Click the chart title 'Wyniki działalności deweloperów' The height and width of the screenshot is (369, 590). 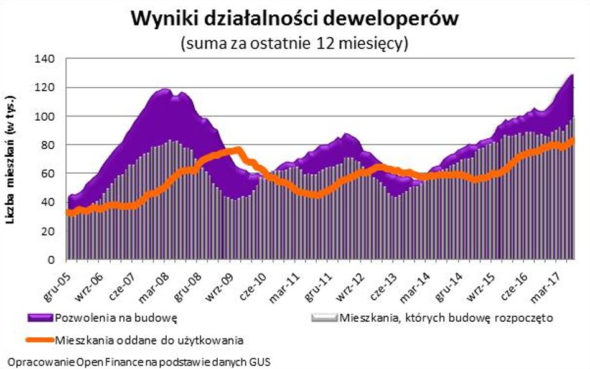pos(294,19)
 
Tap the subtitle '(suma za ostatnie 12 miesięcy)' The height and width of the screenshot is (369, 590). pos(294,44)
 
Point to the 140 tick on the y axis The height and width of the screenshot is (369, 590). pos(49,58)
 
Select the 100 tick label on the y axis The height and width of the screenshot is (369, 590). pos(49,116)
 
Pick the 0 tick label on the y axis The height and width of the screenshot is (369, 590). pos(54,259)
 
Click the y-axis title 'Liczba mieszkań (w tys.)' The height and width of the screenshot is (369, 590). pos(11,159)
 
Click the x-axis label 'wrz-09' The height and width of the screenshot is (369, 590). pos(219,279)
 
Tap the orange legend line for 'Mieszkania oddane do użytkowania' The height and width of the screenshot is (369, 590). pos(40,340)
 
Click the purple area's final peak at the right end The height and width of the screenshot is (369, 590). pos(571,76)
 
